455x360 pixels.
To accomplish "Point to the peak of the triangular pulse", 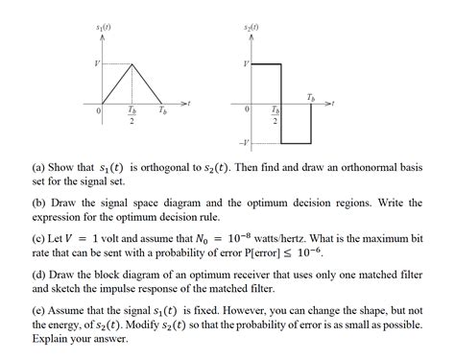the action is coord(131,64).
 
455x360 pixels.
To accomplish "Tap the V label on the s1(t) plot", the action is coord(96,63).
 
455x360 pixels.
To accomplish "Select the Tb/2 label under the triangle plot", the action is coord(131,118).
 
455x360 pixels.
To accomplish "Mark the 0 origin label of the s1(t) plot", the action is coord(98,112).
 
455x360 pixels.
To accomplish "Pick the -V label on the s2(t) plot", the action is coord(250,143).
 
